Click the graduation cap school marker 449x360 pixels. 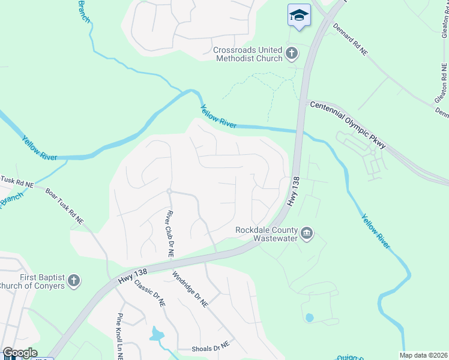coord(299,16)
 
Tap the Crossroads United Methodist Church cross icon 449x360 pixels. coord(292,54)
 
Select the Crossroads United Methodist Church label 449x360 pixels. coord(248,54)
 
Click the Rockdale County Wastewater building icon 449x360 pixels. coord(307,233)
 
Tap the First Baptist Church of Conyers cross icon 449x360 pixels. coord(73,281)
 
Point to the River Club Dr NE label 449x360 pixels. coord(170,233)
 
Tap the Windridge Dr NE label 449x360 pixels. coord(190,290)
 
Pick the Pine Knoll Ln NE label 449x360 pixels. coord(120,335)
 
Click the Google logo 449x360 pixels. coord(20,353)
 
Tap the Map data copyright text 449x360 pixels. coord(423,355)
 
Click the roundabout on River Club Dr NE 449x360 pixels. coord(170,191)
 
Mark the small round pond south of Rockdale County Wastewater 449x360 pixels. coord(309,317)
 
